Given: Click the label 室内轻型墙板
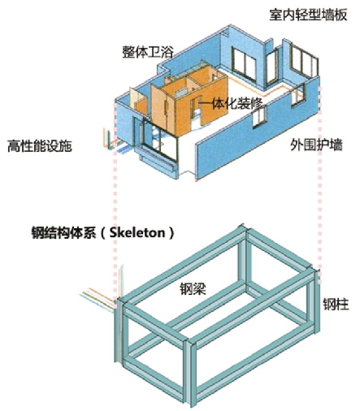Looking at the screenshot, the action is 308,15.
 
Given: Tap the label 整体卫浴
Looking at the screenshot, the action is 148,51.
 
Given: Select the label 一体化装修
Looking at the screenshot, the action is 231,103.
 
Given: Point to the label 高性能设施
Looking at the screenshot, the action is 40,145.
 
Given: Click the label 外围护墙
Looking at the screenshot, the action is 316,145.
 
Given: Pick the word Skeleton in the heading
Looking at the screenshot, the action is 137,232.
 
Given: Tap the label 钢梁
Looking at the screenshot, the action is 193,288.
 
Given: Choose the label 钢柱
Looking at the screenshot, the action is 336,304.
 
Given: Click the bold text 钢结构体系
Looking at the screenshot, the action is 64,232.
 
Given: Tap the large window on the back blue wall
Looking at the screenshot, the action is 243,64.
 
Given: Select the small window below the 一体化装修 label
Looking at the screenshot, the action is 260,117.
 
